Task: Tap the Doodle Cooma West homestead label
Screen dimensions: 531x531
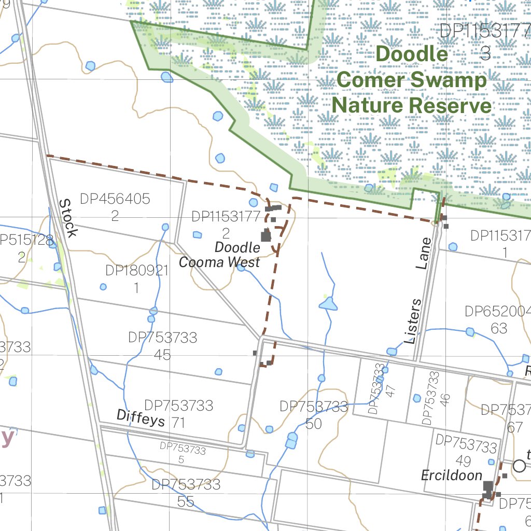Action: [220, 255]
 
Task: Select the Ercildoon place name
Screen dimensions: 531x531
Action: [452, 475]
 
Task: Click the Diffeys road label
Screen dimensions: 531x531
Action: [141, 417]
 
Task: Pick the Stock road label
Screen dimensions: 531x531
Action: [67, 218]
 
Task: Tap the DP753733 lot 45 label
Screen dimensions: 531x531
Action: [163, 345]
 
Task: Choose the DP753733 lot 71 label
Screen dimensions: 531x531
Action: [178, 413]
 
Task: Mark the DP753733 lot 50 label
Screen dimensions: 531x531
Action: [314, 415]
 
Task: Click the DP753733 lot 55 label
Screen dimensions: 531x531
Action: [186, 493]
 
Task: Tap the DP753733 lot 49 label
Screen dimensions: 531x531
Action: [466, 451]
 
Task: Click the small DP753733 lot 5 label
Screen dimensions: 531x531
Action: [183, 452]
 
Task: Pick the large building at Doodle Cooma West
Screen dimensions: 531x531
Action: [266, 236]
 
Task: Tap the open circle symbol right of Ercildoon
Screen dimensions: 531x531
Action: [519, 466]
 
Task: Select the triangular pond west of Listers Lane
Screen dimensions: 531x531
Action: [328, 304]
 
